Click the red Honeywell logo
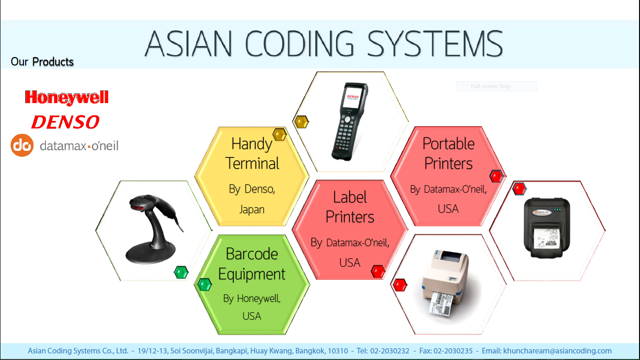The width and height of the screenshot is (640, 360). click(x=67, y=97)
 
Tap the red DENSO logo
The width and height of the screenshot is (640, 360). click(x=65, y=122)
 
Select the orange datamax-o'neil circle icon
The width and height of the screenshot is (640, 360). click(x=22, y=145)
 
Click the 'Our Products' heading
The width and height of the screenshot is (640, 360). click(x=42, y=62)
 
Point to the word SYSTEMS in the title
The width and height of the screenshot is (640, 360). click(x=435, y=44)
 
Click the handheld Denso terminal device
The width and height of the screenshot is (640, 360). click(x=350, y=121)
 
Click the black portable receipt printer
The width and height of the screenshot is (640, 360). click(x=547, y=228)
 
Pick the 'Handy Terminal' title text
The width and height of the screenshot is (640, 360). click(x=252, y=153)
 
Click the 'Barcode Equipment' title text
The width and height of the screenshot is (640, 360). click(x=252, y=263)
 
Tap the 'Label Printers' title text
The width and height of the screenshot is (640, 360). click(x=350, y=207)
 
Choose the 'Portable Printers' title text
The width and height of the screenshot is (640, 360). click(x=448, y=153)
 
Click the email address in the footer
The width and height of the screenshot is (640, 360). click(x=557, y=351)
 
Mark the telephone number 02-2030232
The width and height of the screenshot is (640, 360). click(x=390, y=351)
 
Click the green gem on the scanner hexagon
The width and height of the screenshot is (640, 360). click(x=181, y=272)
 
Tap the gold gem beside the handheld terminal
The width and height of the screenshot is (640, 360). click(x=301, y=122)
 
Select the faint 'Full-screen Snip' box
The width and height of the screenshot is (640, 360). click(x=496, y=86)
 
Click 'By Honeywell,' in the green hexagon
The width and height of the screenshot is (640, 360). click(x=252, y=299)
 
